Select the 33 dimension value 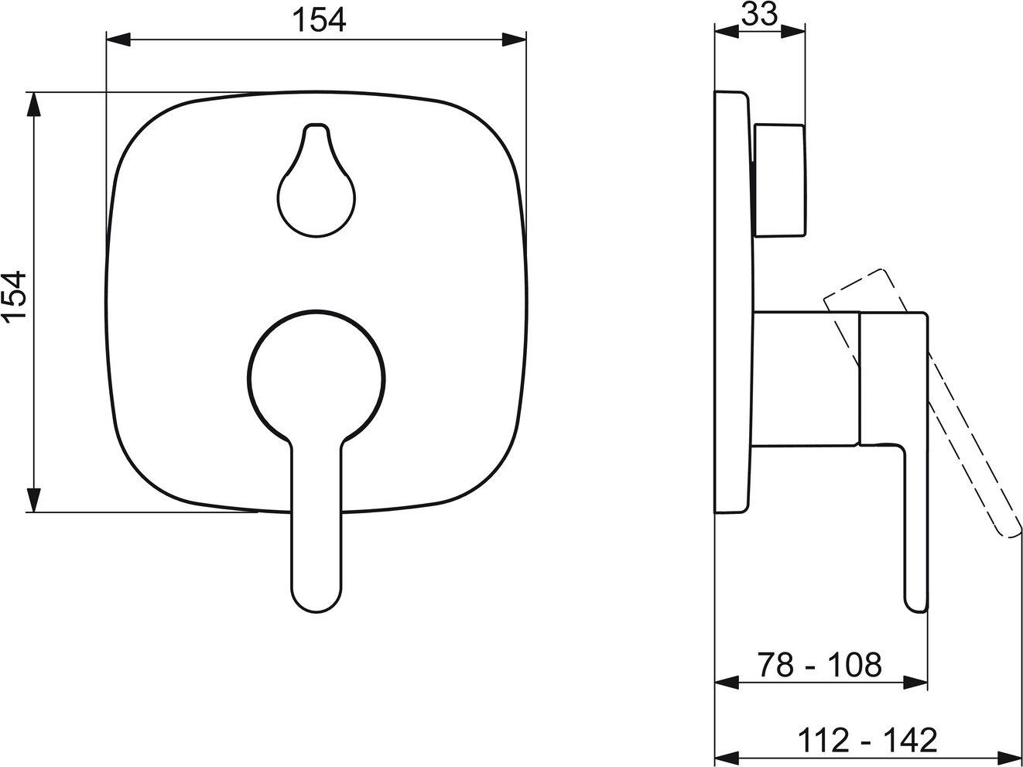pos(760,15)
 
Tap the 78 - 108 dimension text pos(819,665)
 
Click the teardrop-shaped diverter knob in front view pos(316,180)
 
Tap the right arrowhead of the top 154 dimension pos(515,39)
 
